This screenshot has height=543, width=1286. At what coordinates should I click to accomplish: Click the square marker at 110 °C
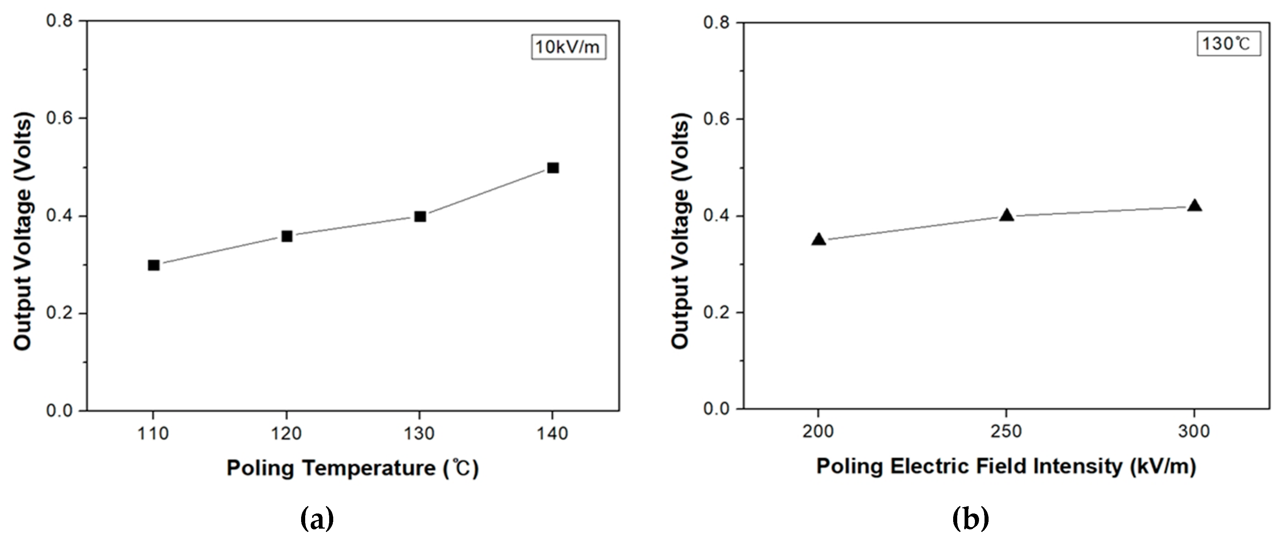pyautogui.click(x=154, y=265)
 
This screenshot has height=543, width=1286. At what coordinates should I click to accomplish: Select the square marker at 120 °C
pyautogui.click(x=287, y=236)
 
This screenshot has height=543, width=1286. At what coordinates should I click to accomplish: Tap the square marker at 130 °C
pyautogui.click(x=420, y=217)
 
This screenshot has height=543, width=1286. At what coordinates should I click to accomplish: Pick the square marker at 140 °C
pyautogui.click(x=553, y=168)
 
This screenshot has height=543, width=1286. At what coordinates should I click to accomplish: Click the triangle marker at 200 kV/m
pyautogui.click(x=819, y=239)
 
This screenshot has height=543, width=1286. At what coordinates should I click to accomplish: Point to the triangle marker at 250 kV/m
pyautogui.click(x=1006, y=215)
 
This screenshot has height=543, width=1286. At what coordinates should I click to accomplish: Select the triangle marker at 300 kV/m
pyautogui.click(x=1194, y=205)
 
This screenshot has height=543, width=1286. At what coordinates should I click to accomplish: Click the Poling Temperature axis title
pyautogui.click(x=352, y=468)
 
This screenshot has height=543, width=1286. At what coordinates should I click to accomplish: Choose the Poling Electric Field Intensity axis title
pyautogui.click(x=1006, y=467)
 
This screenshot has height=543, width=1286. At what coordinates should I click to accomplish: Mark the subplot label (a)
pyautogui.click(x=317, y=519)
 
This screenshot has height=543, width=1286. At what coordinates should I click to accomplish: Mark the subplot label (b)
pyautogui.click(x=970, y=519)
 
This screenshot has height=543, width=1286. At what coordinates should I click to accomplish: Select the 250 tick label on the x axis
pyautogui.click(x=1006, y=432)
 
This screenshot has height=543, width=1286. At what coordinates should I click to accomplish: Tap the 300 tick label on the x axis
pyautogui.click(x=1194, y=432)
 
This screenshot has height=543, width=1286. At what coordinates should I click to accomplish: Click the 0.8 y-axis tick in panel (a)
pyautogui.click(x=59, y=21)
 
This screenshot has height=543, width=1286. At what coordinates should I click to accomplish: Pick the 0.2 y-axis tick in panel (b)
pyautogui.click(x=717, y=312)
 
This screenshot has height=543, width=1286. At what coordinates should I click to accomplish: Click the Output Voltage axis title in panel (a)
pyautogui.click(x=23, y=231)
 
